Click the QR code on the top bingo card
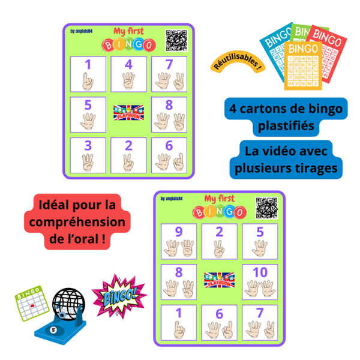[176, 40]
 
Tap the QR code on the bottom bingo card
[267, 208]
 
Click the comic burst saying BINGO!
[118, 295]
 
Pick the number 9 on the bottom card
[178, 232]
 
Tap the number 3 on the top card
[88, 145]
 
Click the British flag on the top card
[129, 112]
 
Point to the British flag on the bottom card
[219, 280]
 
